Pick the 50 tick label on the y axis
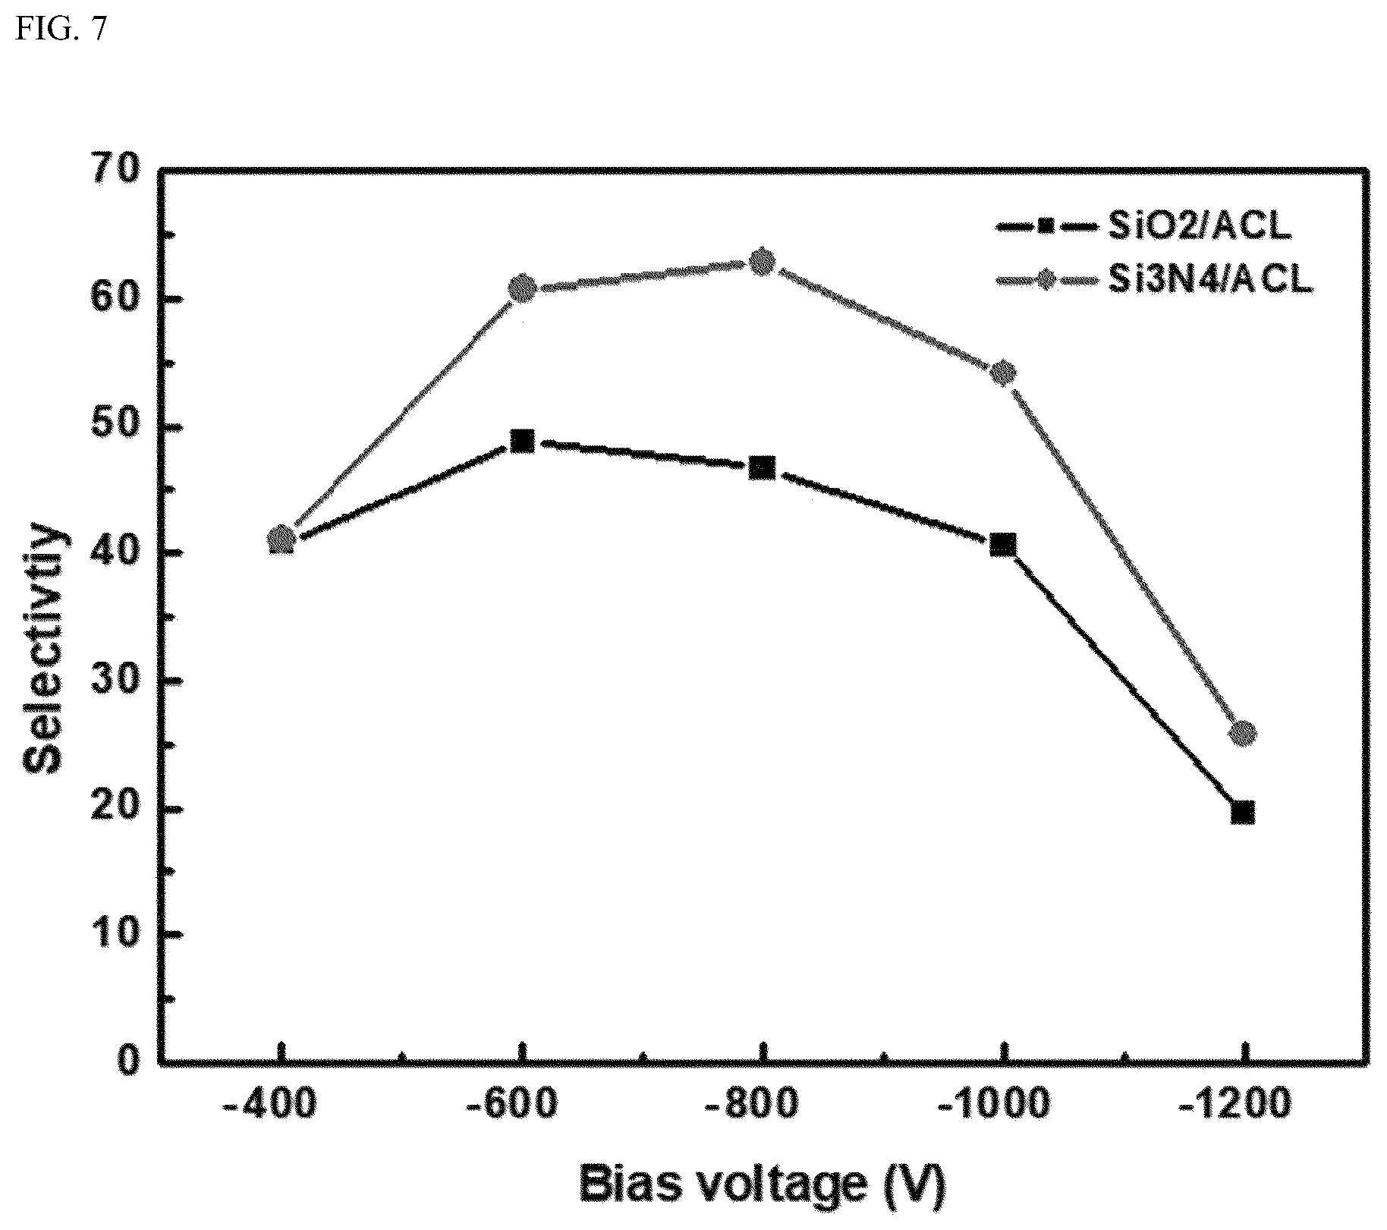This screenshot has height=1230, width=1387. coord(116,428)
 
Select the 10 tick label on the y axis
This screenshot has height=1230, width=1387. coord(116,935)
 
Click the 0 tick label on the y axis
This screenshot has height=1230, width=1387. coord(129,1061)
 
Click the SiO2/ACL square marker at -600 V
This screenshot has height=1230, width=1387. coord(522,441)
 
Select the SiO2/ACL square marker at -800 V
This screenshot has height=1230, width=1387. coord(762,467)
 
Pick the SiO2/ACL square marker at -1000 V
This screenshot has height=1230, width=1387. coord(1003,545)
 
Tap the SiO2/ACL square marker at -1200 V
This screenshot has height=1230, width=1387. coord(1243,813)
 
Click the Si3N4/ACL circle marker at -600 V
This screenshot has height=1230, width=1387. coord(522,288)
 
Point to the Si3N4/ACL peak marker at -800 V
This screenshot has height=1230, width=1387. coord(763,263)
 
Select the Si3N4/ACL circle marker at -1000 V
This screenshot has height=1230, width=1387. coord(1003,373)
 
